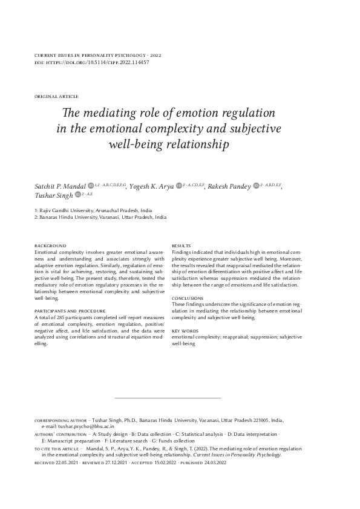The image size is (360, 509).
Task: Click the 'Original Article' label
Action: pos(57,96)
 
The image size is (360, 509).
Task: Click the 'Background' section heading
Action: pos(50,245)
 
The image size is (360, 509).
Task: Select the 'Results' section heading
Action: pos(182,245)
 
